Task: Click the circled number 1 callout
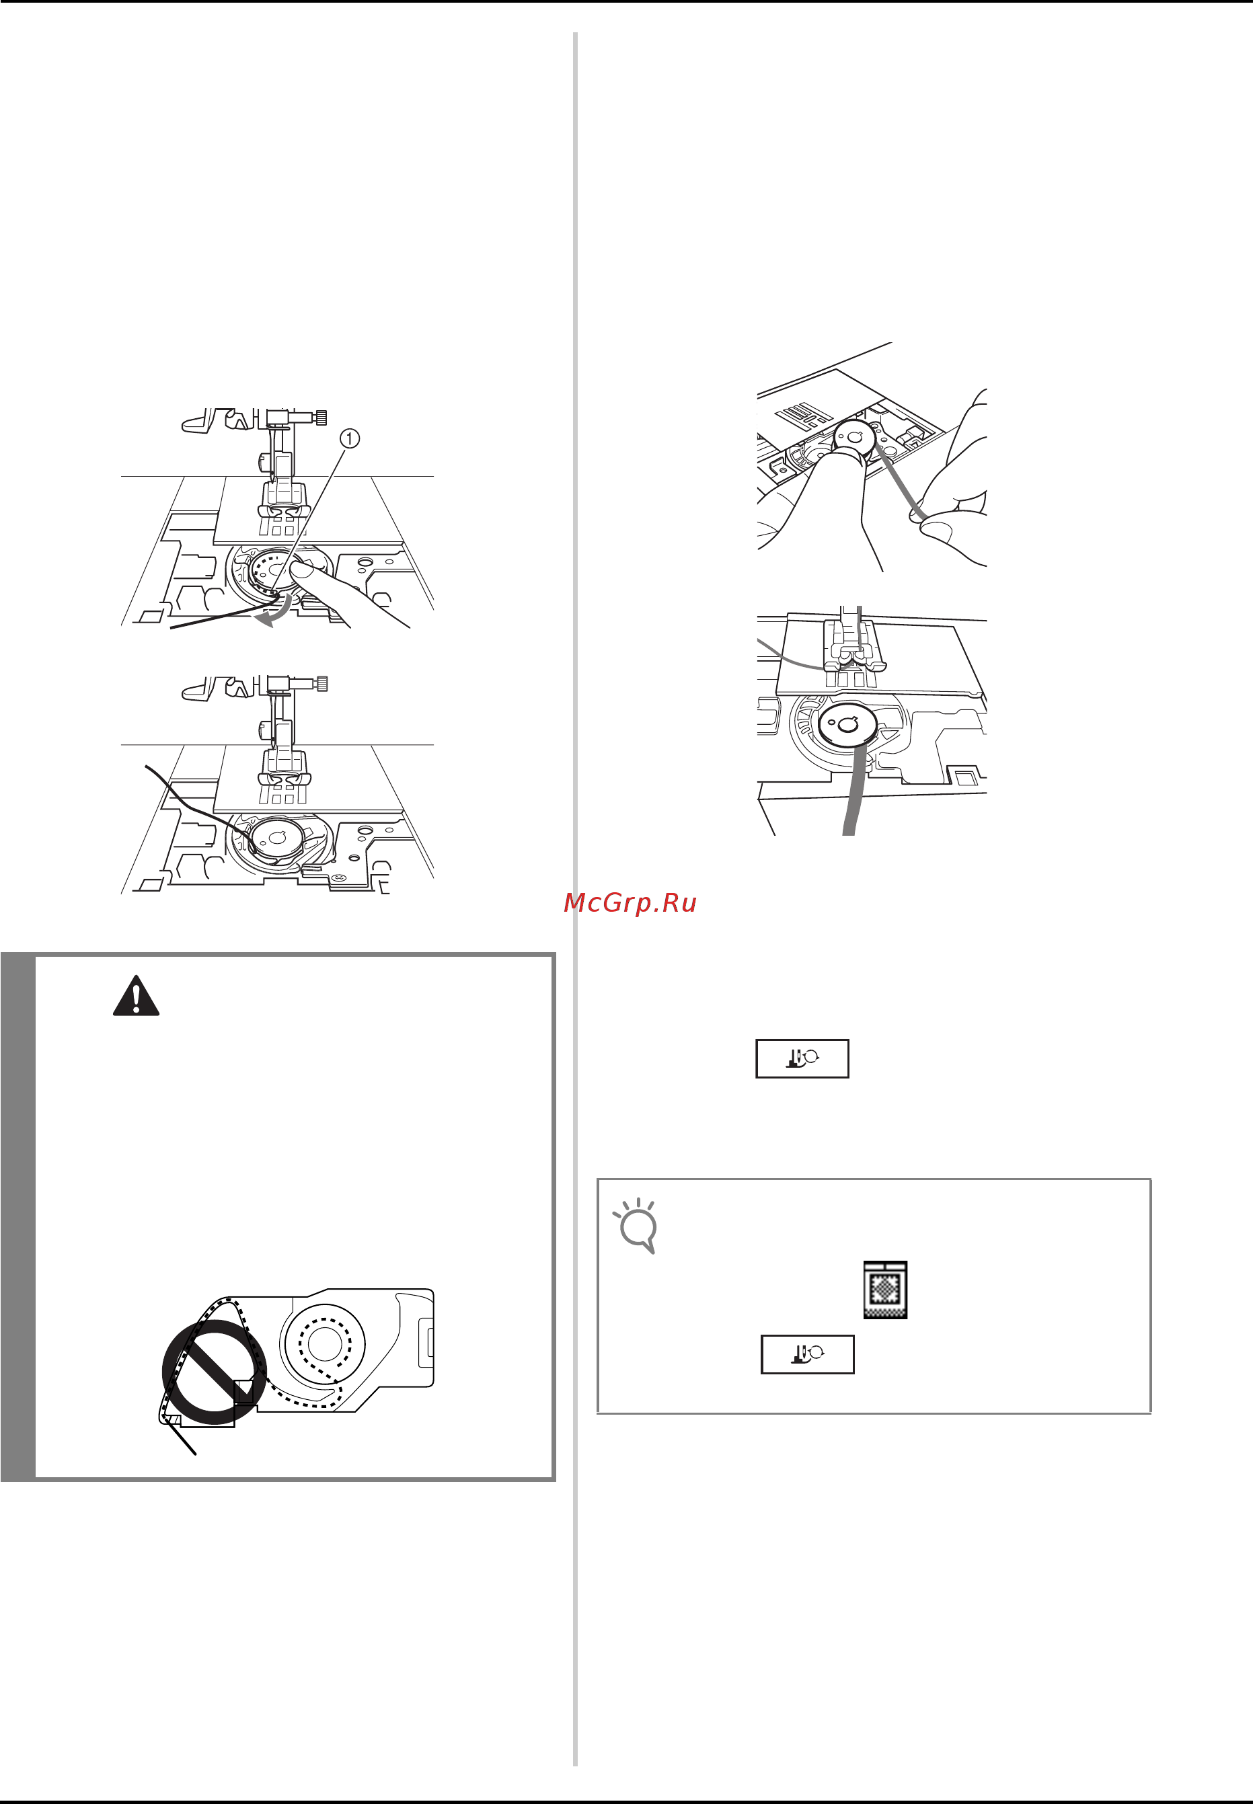(x=349, y=438)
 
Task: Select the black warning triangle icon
(x=136, y=996)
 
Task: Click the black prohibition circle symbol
(x=214, y=1372)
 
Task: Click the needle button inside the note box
(x=807, y=1354)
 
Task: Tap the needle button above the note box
(x=802, y=1058)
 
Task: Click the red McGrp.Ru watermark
(x=630, y=903)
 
